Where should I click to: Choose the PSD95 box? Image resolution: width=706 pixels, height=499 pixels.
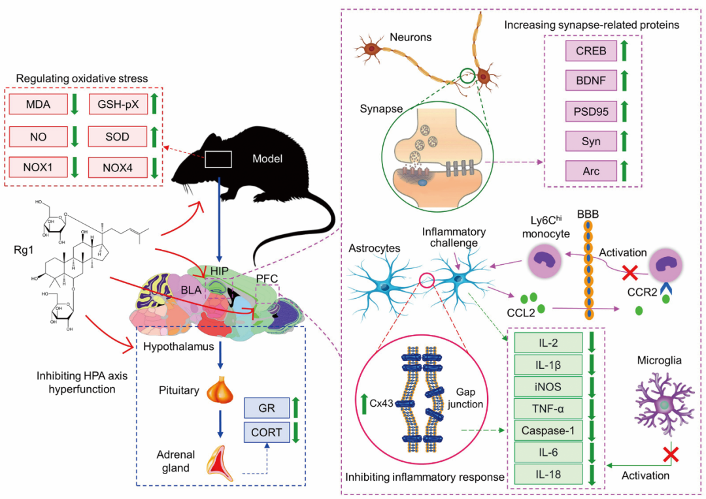(x=590, y=111)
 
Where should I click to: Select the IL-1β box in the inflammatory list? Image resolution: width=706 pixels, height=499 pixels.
(x=547, y=364)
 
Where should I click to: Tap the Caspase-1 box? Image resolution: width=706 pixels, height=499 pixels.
(x=547, y=430)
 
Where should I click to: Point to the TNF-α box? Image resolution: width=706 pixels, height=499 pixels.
(x=547, y=409)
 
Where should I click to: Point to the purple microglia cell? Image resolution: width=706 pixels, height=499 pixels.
(x=662, y=405)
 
